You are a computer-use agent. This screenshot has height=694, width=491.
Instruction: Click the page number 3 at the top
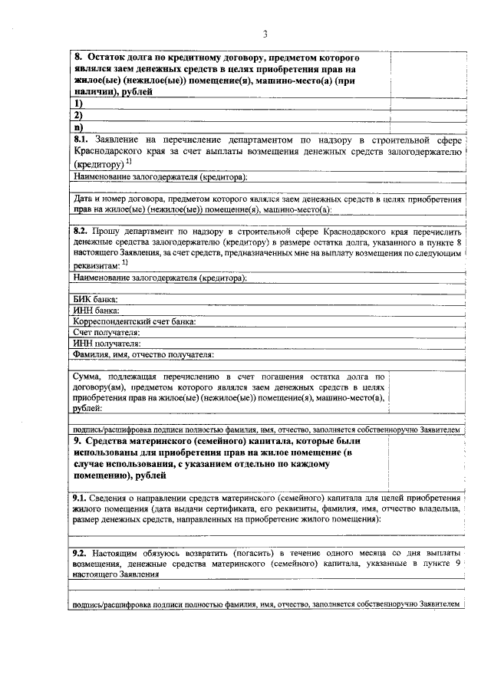point(264,33)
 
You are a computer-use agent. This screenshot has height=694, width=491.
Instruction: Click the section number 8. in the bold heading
point(78,58)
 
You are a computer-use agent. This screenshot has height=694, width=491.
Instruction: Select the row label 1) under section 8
point(77,103)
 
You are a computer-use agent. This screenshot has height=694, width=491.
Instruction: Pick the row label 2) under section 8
point(77,114)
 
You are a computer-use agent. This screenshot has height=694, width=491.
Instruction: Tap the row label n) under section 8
point(77,127)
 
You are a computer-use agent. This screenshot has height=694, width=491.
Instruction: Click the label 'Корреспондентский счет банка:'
point(135,321)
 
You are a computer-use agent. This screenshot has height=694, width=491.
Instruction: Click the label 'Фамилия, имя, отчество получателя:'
point(143,354)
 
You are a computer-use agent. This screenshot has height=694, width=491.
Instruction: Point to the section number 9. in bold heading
point(78,442)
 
